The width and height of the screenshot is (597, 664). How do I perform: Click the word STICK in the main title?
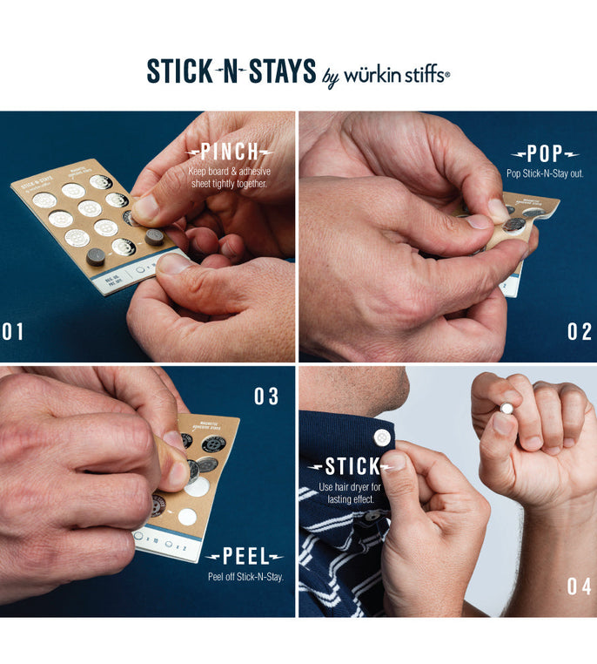click(178, 71)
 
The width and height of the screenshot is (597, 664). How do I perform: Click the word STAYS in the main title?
click(281, 71)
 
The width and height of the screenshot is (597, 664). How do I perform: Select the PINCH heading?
click(229, 152)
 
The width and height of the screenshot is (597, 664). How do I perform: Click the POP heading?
click(545, 155)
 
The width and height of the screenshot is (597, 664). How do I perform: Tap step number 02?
click(579, 332)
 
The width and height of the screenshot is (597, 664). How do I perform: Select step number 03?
click(266, 396)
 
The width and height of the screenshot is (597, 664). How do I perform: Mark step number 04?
click(579, 586)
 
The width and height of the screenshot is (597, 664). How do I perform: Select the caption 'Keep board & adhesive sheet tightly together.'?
click(229, 177)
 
